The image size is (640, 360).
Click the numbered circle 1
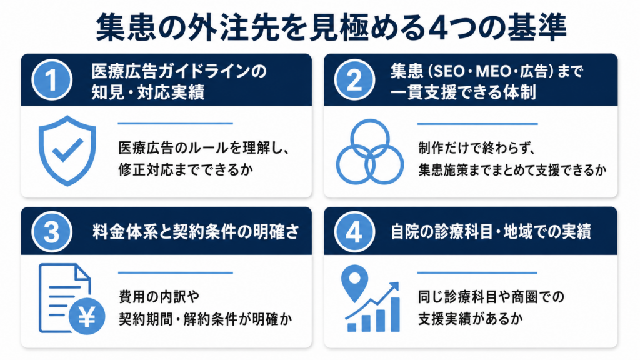[52, 79]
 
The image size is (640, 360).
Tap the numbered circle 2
[354, 79]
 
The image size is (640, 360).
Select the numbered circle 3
[52, 232]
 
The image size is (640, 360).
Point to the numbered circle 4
[354, 232]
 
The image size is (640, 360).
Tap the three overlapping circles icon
[370, 151]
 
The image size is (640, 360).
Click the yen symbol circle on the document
[87, 316]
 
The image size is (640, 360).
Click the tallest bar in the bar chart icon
[395, 314]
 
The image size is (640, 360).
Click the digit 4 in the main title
[432, 28]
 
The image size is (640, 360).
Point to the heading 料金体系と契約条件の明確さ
[196, 232]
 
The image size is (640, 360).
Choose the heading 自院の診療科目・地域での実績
[491, 232]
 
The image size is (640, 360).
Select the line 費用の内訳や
[159, 297]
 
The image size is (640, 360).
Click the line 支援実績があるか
[470, 319]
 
